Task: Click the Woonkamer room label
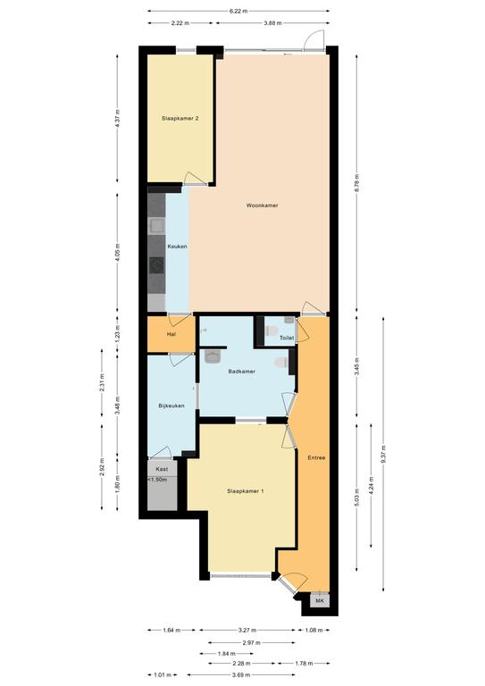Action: tap(262, 205)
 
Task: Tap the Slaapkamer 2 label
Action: tap(180, 118)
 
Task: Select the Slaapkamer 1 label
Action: tap(246, 491)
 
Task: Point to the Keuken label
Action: tap(177, 247)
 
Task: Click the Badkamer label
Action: tap(242, 372)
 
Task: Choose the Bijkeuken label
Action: tap(171, 406)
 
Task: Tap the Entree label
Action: tap(316, 457)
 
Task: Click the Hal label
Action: tap(171, 335)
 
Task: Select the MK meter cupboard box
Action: tap(320, 600)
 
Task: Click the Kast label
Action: tap(162, 469)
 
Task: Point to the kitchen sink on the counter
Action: tap(156, 226)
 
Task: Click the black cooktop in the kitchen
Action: tap(156, 265)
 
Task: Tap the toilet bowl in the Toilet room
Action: tap(272, 331)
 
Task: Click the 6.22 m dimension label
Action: tap(238, 12)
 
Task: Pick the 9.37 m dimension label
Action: tap(383, 454)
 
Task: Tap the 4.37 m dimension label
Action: tap(117, 118)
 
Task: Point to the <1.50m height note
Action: tap(157, 480)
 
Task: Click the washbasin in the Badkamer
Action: tap(213, 356)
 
